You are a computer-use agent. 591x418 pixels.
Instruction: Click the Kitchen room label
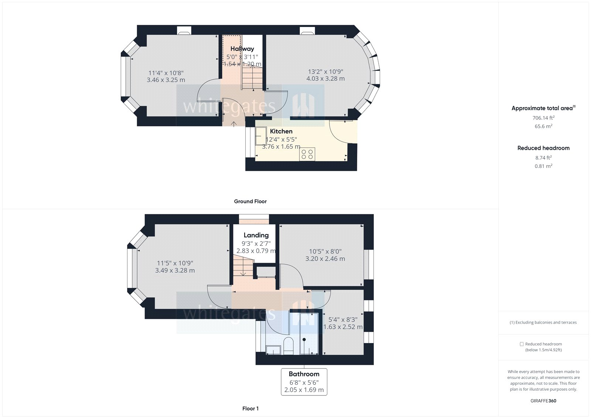(281, 131)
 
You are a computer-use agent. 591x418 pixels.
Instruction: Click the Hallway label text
(242, 49)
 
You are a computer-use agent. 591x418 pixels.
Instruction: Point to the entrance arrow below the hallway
(234, 123)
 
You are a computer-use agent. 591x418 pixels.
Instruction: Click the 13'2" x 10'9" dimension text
(325, 72)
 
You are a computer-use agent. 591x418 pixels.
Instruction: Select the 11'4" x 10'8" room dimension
(166, 73)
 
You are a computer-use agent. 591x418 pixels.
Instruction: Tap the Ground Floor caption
(250, 201)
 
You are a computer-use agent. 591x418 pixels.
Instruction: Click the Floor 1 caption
(250, 408)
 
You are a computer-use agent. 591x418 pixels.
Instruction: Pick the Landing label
(256, 235)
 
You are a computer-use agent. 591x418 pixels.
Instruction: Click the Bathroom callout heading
(304, 374)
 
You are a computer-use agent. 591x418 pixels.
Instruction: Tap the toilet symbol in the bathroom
(288, 346)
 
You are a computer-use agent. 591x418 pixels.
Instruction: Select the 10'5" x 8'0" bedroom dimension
(325, 251)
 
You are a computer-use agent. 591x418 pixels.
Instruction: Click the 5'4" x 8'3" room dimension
(343, 320)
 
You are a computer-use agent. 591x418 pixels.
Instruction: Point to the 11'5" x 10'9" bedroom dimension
(175, 263)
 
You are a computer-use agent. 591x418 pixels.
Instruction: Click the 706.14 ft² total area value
(543, 118)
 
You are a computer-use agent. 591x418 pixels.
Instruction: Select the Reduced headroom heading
(543, 148)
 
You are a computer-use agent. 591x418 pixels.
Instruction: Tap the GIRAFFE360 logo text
(543, 401)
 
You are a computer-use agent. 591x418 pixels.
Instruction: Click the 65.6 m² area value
(543, 126)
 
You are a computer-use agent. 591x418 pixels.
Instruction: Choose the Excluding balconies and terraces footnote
(543, 322)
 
